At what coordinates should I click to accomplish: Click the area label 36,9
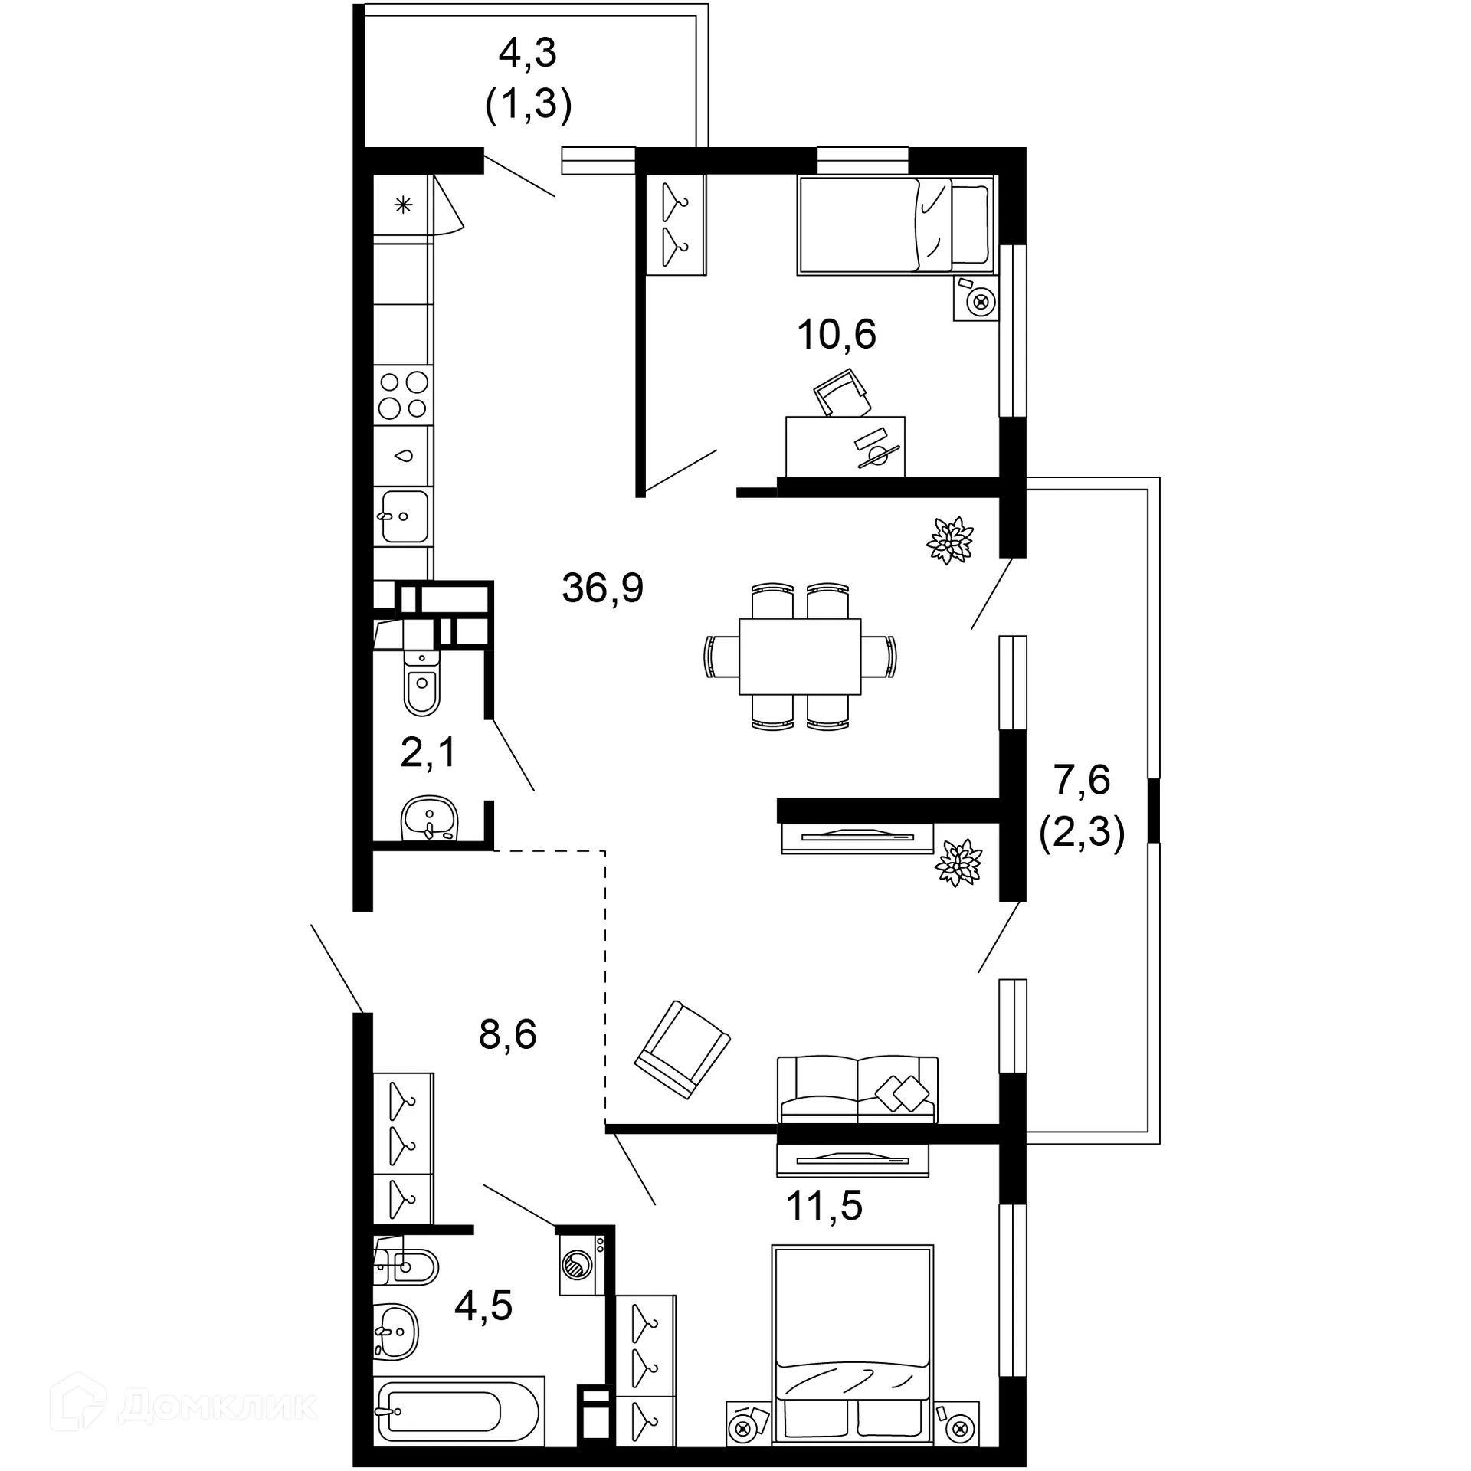(x=602, y=588)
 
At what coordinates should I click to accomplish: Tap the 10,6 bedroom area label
(x=836, y=335)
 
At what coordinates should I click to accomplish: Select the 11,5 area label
(x=824, y=1206)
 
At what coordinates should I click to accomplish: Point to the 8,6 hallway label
(x=507, y=1034)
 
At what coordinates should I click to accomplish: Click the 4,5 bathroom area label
(x=483, y=1306)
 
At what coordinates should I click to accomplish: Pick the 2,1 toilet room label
(x=428, y=752)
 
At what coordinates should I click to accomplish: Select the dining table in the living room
(x=800, y=656)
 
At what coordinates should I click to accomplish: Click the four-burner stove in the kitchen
(x=403, y=395)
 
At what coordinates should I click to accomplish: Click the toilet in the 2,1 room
(x=421, y=682)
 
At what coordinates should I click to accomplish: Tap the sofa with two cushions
(x=857, y=1090)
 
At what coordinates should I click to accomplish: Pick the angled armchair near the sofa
(x=682, y=1049)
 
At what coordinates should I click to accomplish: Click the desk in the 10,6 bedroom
(x=845, y=447)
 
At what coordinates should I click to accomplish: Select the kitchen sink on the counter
(x=404, y=516)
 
